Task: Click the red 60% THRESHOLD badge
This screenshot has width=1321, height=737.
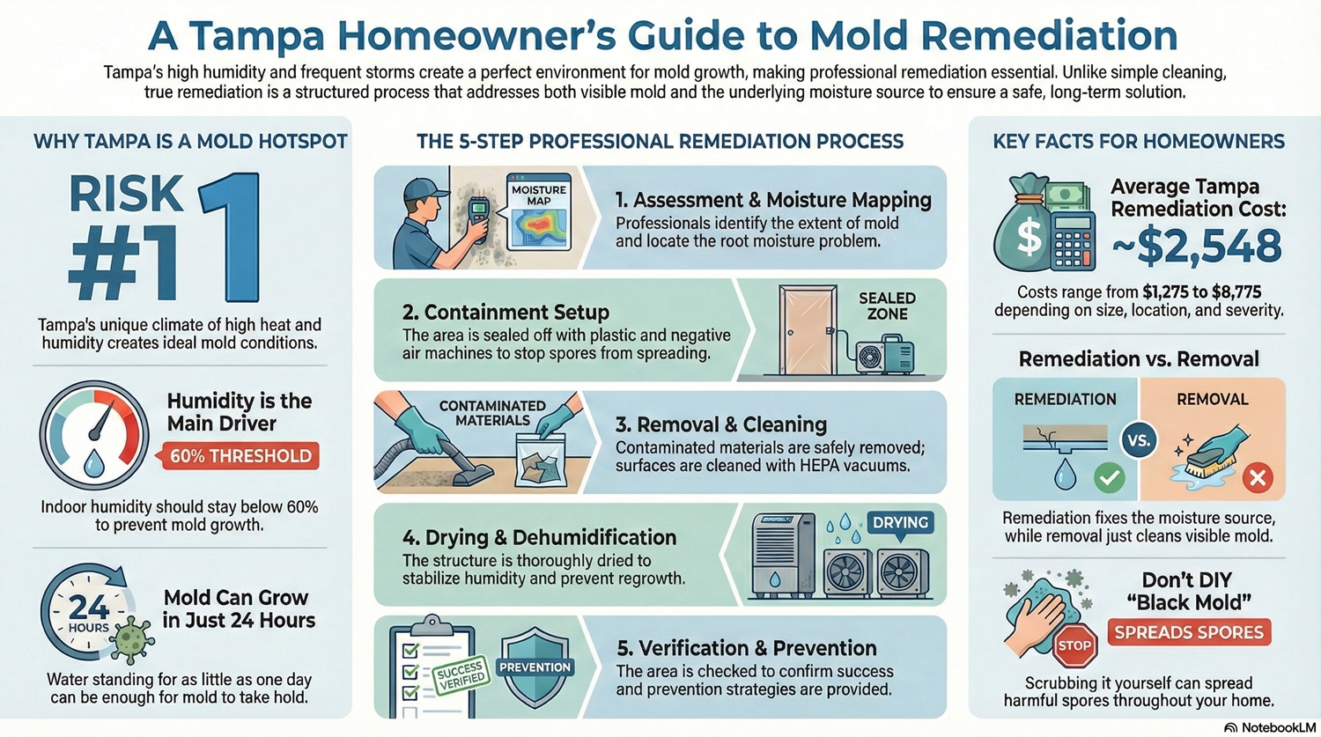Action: [240, 456]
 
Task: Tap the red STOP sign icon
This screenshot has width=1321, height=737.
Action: [1074, 645]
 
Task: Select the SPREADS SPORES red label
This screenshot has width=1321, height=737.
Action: [1189, 632]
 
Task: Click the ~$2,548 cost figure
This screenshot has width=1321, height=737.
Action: [1196, 245]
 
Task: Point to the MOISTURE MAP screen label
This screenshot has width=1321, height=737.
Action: [538, 195]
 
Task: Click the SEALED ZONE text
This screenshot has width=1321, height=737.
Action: [887, 306]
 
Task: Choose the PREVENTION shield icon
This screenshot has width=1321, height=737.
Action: [535, 667]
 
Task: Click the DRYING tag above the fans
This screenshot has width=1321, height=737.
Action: [899, 523]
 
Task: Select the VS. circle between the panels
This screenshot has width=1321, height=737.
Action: [1140, 439]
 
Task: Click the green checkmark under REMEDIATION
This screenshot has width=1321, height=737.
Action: [1109, 478]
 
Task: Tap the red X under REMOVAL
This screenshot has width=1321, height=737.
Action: [1257, 478]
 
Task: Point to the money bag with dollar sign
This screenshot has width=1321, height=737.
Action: [1023, 226]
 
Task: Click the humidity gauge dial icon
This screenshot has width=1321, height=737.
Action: [94, 435]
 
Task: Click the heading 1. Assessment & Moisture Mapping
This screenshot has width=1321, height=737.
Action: [773, 200]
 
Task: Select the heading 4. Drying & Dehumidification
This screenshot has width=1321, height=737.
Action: [539, 537]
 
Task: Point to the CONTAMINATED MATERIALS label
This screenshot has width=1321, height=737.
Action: [492, 413]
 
